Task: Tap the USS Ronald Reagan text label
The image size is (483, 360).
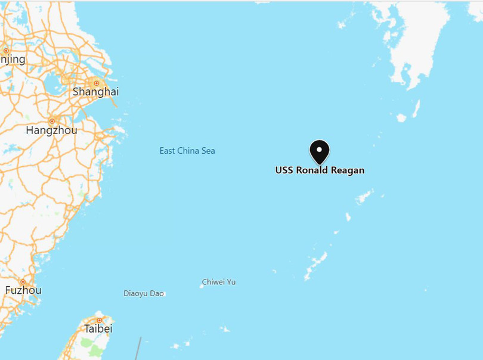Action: coord(320,170)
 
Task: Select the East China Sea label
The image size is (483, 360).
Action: coord(187,151)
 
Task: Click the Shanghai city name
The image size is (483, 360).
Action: coord(95,92)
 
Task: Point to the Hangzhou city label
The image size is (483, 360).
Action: coord(52,130)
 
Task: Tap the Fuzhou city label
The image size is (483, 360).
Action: coord(23,290)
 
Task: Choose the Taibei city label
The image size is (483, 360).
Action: coord(98,328)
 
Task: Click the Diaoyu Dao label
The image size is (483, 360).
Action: coord(143,293)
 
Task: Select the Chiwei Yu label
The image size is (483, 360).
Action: coord(219,282)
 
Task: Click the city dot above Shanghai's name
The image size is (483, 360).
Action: coord(95,82)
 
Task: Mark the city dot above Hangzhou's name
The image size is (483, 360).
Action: coord(52,121)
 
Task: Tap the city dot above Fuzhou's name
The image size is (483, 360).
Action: coord(23,281)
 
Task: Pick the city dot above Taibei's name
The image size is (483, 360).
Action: coord(99,320)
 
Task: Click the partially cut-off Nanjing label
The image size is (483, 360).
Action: coord(13,59)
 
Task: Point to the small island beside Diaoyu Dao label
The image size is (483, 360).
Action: coord(164,293)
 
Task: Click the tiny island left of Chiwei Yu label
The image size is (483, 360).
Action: coord(202,285)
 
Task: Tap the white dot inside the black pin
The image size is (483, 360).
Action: coord(320,149)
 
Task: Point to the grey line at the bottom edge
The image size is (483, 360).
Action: coord(138,349)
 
